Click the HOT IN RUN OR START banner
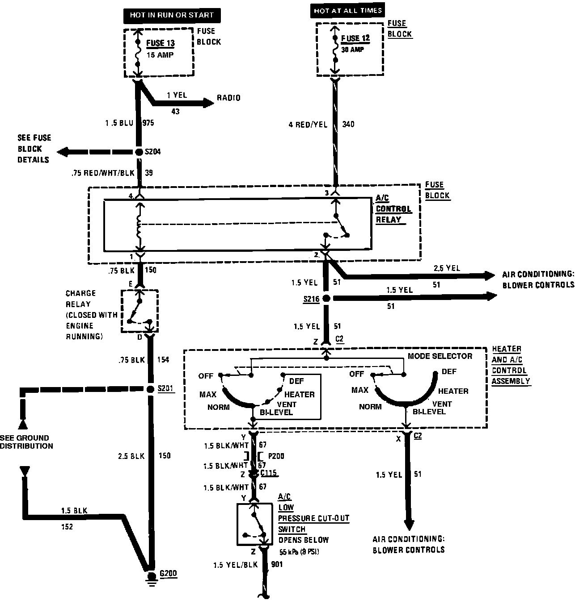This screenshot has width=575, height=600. point(172,15)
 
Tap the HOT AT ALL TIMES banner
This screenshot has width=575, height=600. point(347,11)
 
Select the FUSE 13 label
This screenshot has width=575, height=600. point(161,44)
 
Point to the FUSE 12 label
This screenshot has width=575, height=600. point(355,38)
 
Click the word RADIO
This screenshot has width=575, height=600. point(228,98)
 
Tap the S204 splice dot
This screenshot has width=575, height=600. point(139,152)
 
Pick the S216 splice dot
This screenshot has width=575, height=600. point(326,298)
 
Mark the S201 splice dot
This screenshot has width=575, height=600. point(150,389)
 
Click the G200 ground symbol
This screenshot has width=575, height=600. point(152,577)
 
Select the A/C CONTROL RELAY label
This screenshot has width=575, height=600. point(393,209)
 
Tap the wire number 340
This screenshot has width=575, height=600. point(348,124)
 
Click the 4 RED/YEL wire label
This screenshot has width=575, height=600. point(308,125)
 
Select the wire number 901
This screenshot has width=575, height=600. point(277,565)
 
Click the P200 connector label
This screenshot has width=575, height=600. point(276,456)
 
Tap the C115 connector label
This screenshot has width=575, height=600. point(269,473)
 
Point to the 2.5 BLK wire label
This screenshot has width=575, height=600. point(131,456)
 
